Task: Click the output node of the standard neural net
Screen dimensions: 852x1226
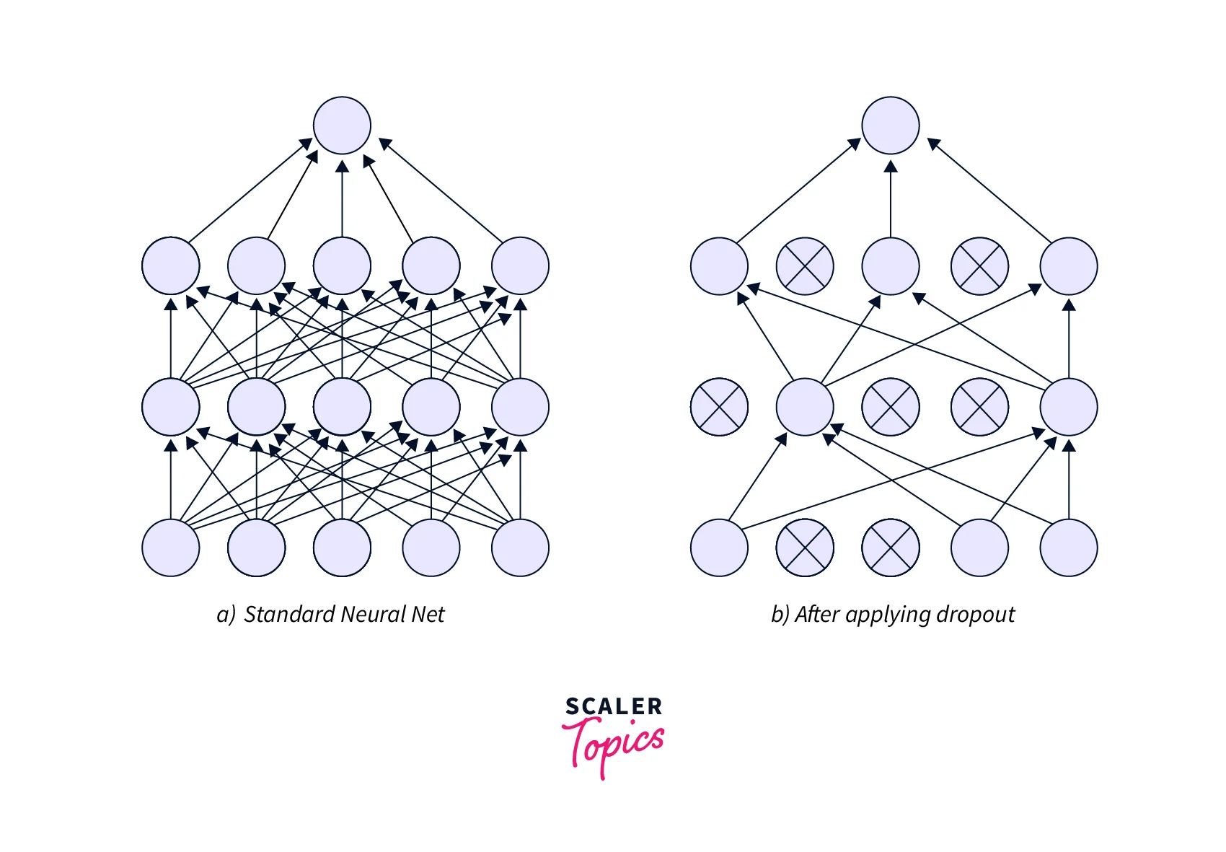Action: (342, 126)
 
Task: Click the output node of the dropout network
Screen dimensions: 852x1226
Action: (891, 126)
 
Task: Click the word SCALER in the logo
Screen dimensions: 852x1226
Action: (614, 706)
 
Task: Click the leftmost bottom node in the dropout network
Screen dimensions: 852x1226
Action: (719, 548)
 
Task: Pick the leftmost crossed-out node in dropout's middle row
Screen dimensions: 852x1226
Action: (719, 407)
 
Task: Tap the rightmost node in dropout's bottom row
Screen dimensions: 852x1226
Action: (1069, 548)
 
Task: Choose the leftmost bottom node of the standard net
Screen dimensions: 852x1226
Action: (171, 548)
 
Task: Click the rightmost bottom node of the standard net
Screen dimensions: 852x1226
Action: (520, 548)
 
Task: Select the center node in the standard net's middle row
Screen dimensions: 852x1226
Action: (342, 407)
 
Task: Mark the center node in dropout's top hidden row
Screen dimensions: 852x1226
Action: (891, 266)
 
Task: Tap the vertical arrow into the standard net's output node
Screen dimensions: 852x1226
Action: (342, 198)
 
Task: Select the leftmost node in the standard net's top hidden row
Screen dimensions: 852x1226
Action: (171, 266)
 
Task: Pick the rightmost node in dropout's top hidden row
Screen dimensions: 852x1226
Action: (1069, 266)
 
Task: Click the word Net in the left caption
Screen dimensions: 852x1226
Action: (428, 615)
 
